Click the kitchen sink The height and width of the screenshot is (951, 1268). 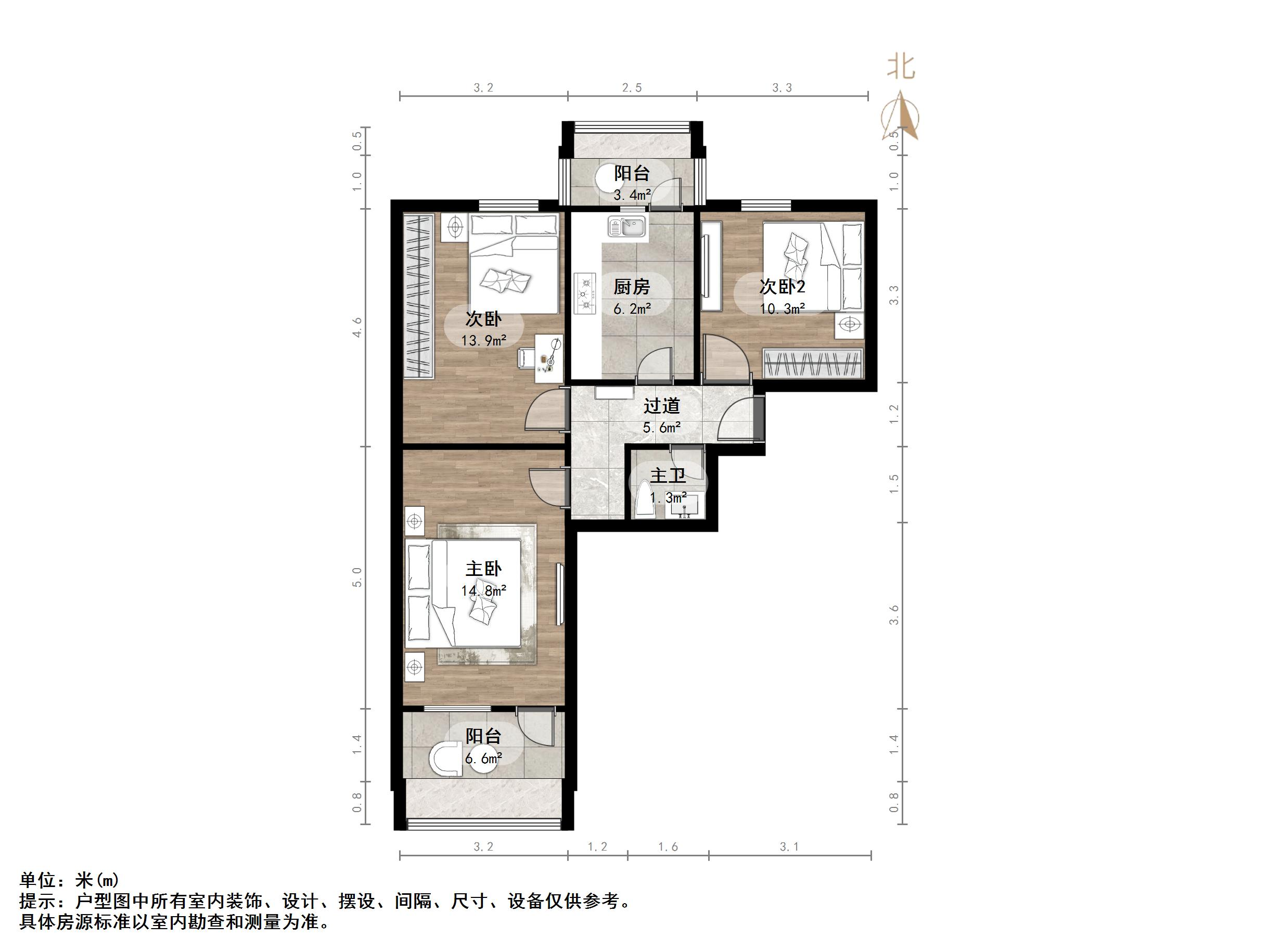pyautogui.click(x=627, y=226)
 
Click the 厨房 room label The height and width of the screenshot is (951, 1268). pyautogui.click(x=632, y=287)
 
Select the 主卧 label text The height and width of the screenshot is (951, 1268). pyautogui.click(x=483, y=569)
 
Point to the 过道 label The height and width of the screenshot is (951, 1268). pyautogui.click(x=661, y=406)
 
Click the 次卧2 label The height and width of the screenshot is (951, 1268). pyautogui.click(x=783, y=287)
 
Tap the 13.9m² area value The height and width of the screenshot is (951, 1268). pyautogui.click(x=484, y=341)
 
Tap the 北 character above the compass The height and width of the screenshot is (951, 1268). pyautogui.click(x=901, y=67)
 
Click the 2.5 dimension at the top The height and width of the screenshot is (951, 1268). pyautogui.click(x=632, y=88)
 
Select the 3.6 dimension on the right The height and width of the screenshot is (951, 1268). pyautogui.click(x=894, y=615)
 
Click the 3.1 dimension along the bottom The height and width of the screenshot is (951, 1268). pyautogui.click(x=789, y=846)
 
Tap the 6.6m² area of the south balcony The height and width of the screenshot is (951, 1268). pyautogui.click(x=483, y=759)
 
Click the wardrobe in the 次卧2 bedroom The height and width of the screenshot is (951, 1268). pyautogui.click(x=813, y=364)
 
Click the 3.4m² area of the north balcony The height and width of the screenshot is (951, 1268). pyautogui.click(x=632, y=195)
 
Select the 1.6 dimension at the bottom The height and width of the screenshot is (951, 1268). pyautogui.click(x=668, y=846)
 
